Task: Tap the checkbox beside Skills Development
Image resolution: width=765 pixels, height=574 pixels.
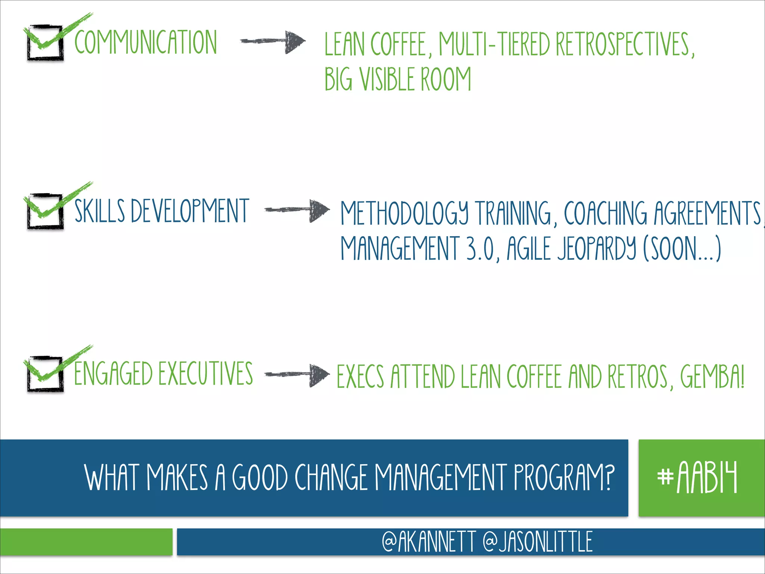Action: (45, 211)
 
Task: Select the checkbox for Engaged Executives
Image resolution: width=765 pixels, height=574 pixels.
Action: (45, 374)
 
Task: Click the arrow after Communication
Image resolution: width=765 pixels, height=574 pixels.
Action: (273, 41)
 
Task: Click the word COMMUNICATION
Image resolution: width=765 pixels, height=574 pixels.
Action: (146, 42)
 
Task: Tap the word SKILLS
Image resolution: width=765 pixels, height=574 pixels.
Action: (100, 211)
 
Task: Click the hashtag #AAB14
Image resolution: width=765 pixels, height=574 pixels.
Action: (697, 477)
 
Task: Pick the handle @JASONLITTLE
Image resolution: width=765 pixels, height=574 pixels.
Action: (538, 541)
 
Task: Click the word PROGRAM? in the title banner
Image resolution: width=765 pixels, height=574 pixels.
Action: (564, 477)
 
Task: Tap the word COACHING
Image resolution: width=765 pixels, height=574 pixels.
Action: (605, 213)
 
